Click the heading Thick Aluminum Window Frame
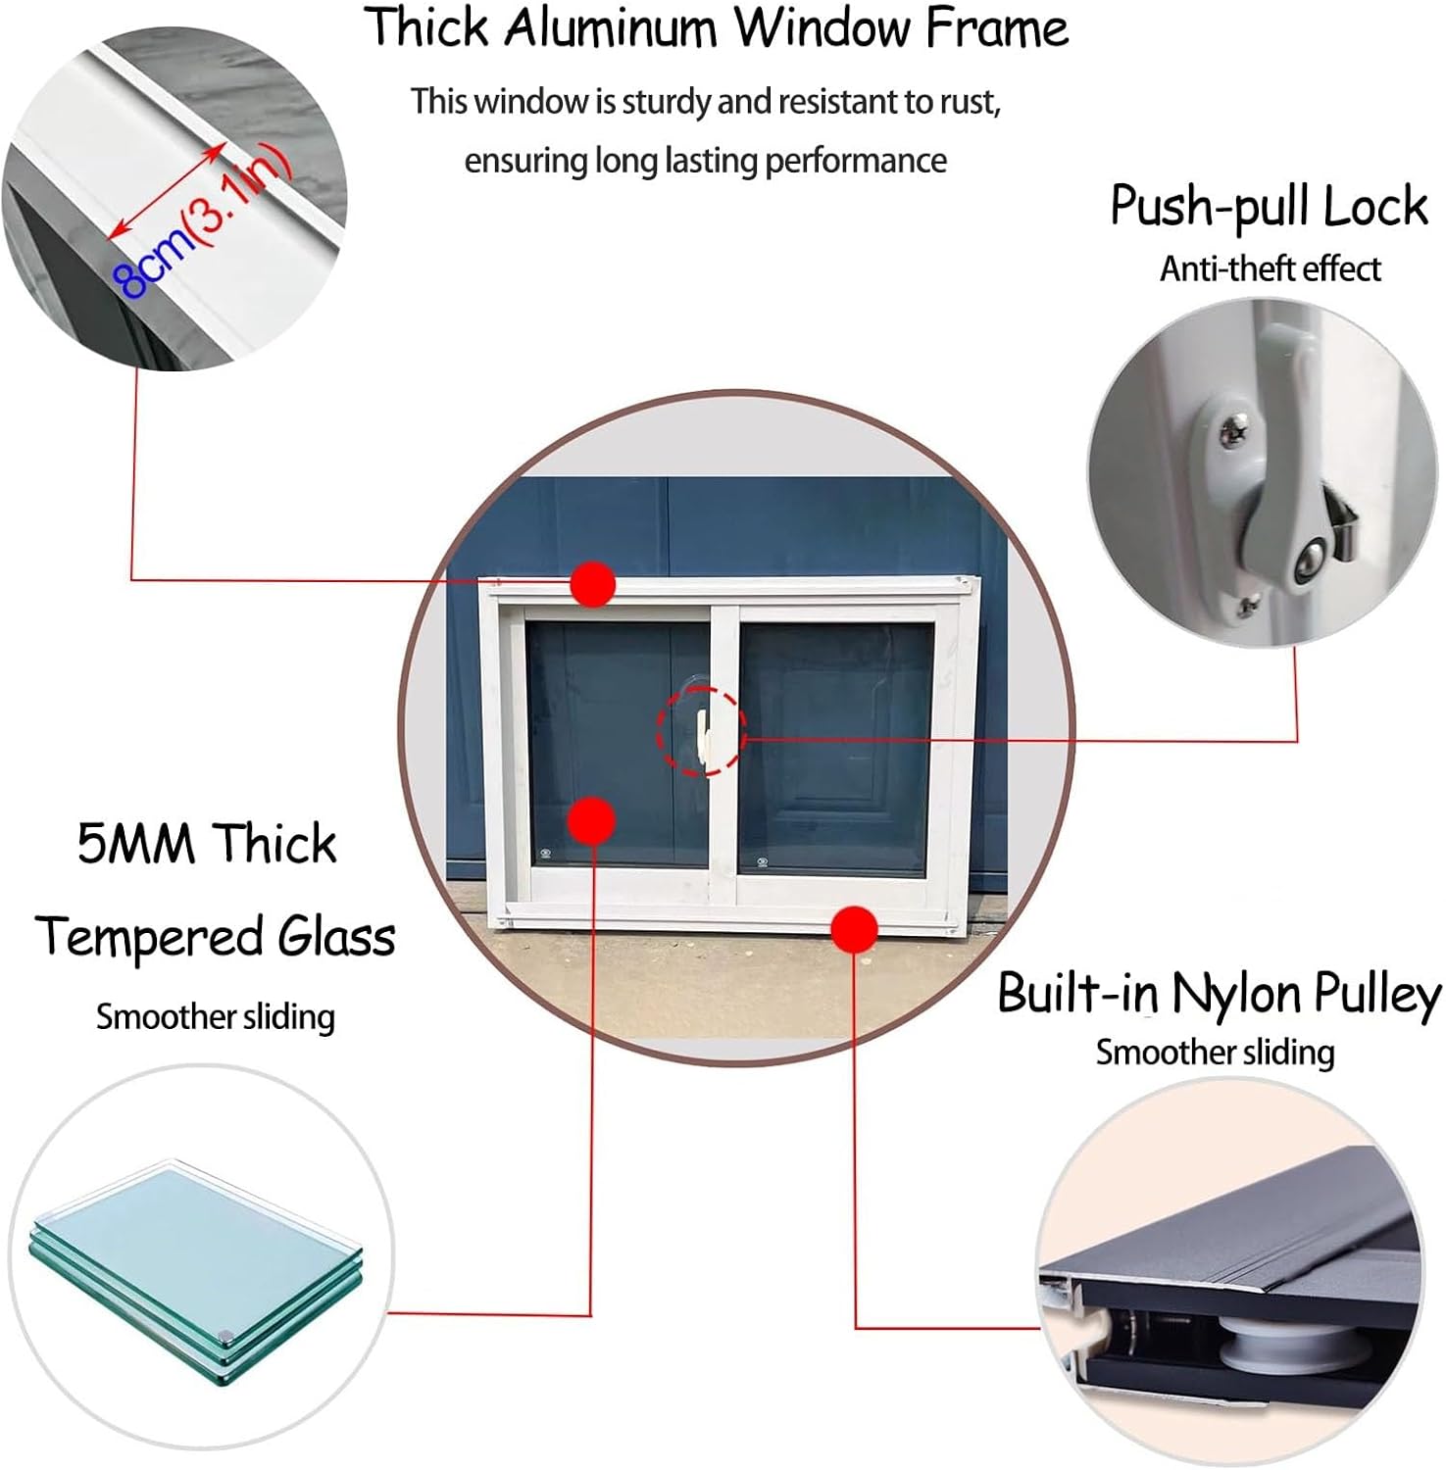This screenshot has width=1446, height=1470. (716, 27)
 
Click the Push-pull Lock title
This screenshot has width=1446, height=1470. (1269, 207)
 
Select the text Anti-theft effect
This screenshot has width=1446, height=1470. (1270, 269)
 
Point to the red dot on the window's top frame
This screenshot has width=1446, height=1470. (592, 584)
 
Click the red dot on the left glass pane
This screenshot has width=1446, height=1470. (591, 820)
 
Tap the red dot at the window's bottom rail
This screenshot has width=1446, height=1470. (854, 928)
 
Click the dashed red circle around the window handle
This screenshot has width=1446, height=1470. (701, 731)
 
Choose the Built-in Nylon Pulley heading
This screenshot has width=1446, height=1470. (1219, 994)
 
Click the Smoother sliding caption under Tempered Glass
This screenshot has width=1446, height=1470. (215, 1017)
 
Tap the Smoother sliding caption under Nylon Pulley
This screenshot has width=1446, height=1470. (1215, 1053)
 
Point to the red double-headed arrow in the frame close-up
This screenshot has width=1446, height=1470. (167, 190)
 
